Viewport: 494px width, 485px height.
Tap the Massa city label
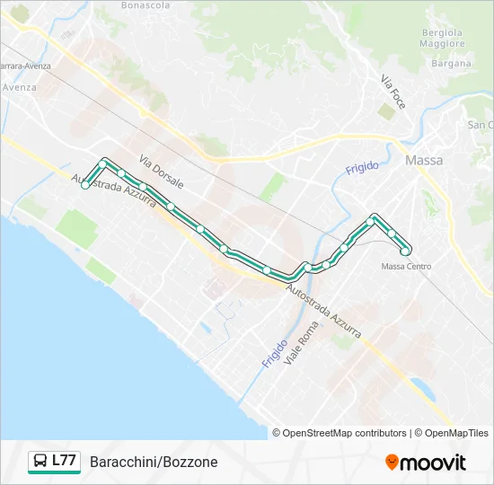click(x=424, y=161)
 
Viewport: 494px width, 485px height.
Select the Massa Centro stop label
click(x=406, y=266)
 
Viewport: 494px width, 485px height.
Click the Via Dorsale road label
click(x=162, y=171)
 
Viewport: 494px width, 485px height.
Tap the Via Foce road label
click(x=393, y=92)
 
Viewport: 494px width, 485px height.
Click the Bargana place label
click(x=450, y=64)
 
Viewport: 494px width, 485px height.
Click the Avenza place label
click(x=19, y=87)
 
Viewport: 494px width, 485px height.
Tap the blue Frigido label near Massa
click(x=362, y=168)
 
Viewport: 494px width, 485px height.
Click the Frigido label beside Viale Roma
click(x=275, y=353)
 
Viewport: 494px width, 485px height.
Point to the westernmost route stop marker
click(x=85, y=186)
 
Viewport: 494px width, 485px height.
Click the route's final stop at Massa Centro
click(x=405, y=251)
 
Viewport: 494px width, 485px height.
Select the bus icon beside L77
click(x=40, y=462)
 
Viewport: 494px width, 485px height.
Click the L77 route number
click(x=64, y=462)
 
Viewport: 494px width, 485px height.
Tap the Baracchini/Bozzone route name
click(x=154, y=463)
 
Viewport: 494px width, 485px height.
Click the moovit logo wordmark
click(x=433, y=463)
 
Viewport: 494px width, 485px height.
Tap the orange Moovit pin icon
click(x=392, y=462)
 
